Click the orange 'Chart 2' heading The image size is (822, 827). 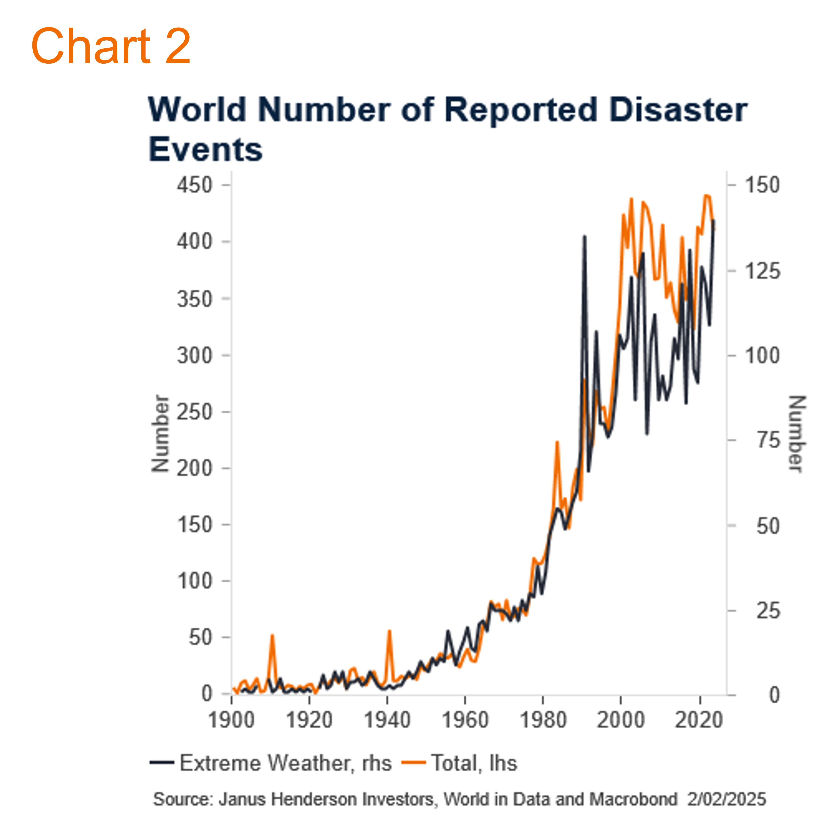click(110, 46)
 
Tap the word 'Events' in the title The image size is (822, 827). click(205, 150)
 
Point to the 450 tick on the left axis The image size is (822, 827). click(195, 185)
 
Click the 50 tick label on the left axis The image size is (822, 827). click(200, 638)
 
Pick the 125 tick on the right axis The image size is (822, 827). click(763, 271)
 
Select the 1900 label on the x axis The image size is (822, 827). click(232, 720)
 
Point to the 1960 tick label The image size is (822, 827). click(465, 720)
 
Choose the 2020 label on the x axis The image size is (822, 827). click(699, 720)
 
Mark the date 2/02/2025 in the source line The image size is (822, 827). click(726, 800)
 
